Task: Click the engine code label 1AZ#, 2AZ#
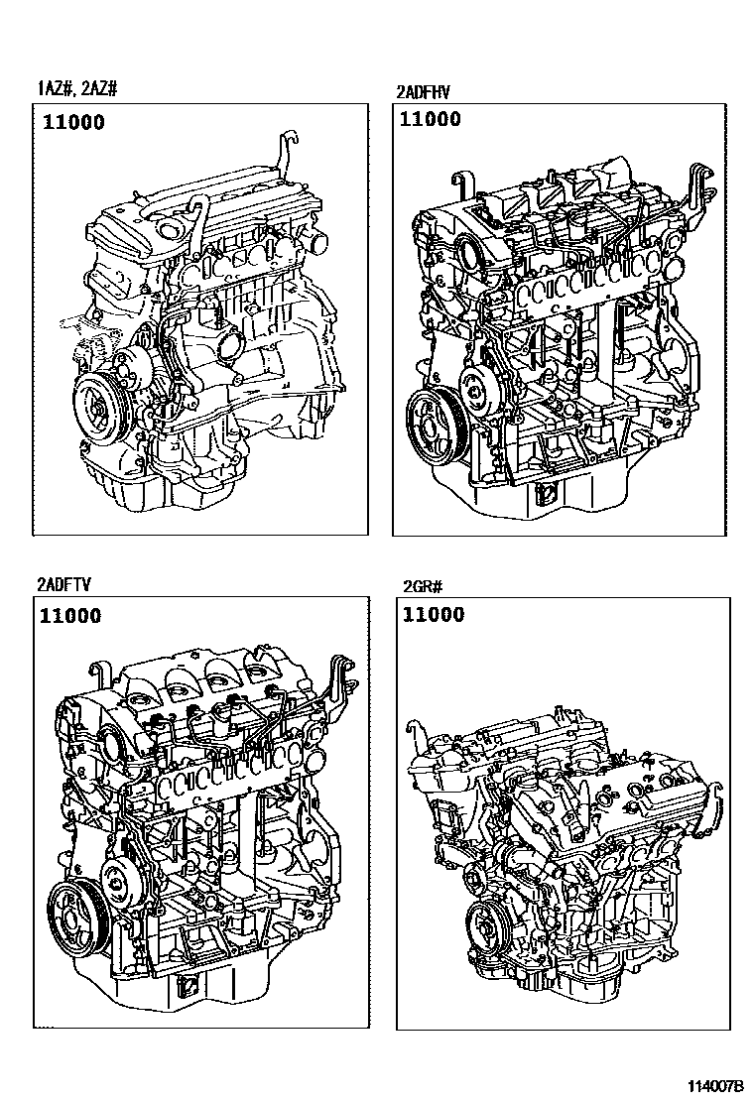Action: click(77, 88)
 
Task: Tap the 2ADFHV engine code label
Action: click(423, 91)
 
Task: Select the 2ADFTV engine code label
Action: click(64, 584)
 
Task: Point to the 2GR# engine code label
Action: click(423, 586)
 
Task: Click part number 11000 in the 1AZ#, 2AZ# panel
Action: click(73, 122)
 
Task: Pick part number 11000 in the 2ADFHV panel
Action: click(431, 119)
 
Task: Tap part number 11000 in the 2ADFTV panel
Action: click(70, 616)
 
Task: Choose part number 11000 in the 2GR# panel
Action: click(434, 615)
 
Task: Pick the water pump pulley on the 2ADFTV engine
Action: click(122, 876)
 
